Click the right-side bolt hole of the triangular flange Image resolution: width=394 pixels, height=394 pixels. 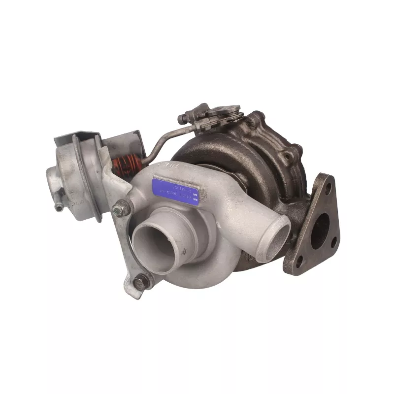(334, 241)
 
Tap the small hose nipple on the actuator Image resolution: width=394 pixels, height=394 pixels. (59, 207)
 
